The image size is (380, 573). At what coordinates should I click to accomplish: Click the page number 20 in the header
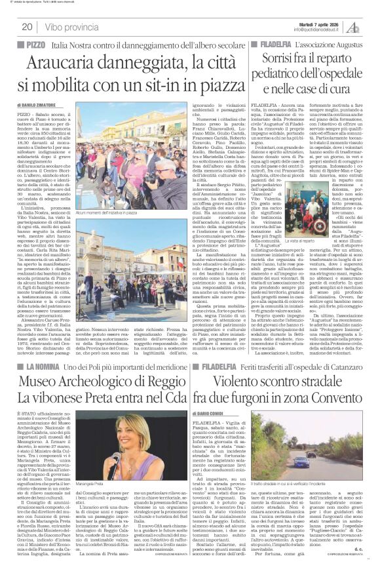(28, 26)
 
